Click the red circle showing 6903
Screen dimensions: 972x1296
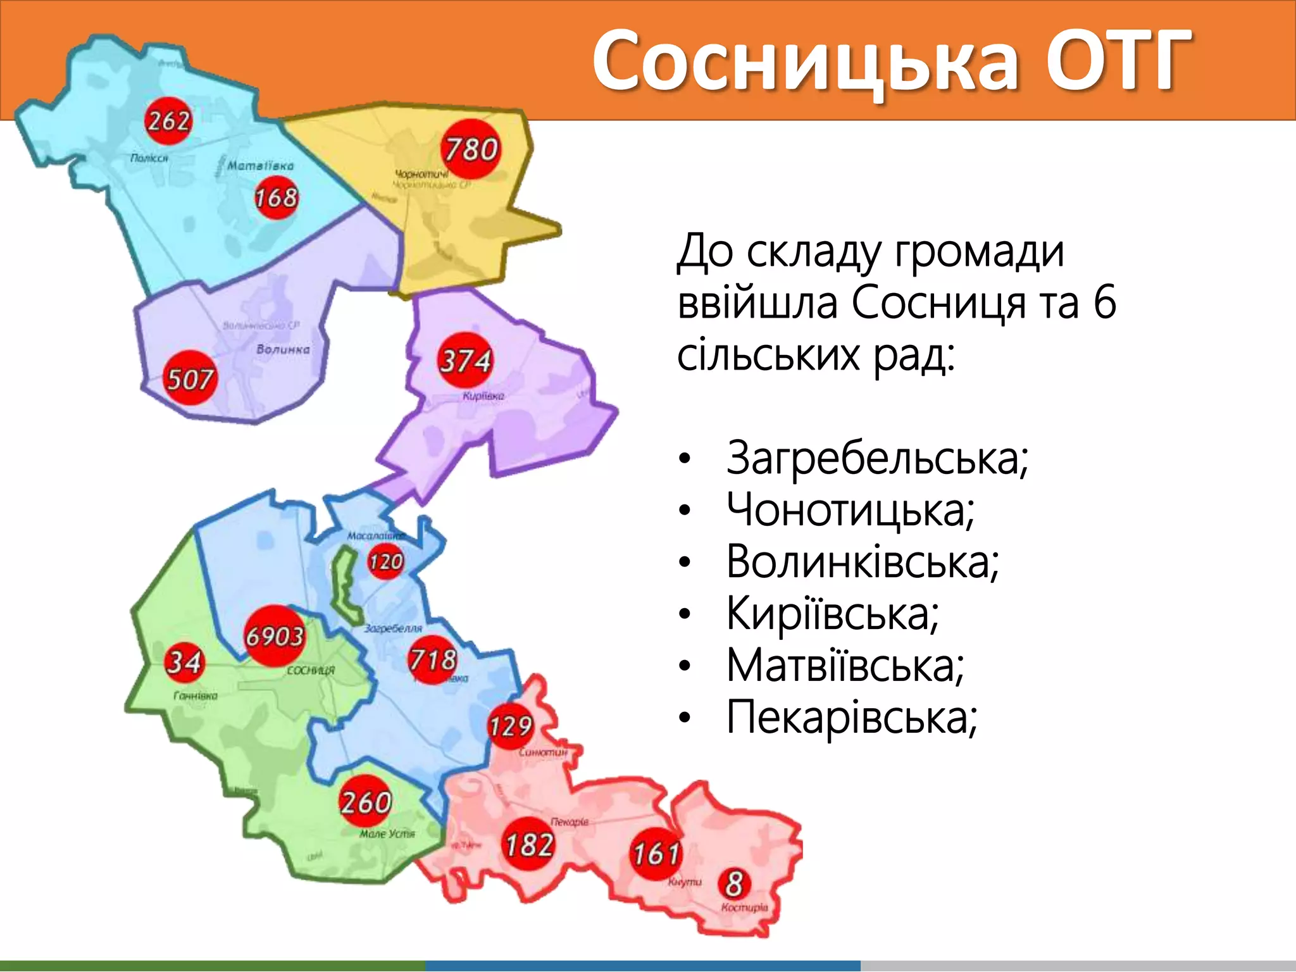pos(275,635)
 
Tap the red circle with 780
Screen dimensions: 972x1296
pos(471,150)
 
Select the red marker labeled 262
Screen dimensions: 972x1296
pos(168,120)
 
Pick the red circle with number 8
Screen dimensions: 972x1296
pos(734,883)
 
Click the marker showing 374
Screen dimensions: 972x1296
pos(465,361)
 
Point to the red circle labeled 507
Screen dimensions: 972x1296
pos(189,378)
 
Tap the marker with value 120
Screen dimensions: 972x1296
pos(385,561)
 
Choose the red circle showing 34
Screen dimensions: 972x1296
pos(184,662)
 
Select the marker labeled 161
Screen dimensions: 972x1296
pos(656,853)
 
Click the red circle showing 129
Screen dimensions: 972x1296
pos(510,726)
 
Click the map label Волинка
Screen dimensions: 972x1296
pos(283,349)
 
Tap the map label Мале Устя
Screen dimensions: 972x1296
pos(387,834)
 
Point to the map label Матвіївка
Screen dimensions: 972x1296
pos(260,166)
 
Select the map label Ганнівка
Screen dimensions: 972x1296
pos(196,695)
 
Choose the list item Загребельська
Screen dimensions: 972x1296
pos(877,458)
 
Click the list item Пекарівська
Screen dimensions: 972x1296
pos(852,717)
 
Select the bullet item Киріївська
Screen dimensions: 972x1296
pos(833,613)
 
